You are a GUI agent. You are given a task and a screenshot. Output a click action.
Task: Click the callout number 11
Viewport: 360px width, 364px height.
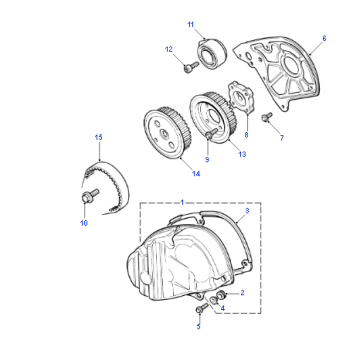click(190, 25)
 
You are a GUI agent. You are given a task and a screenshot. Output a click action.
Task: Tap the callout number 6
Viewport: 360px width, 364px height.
click(324, 38)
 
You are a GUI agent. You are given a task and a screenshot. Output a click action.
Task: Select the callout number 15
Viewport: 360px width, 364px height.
click(98, 137)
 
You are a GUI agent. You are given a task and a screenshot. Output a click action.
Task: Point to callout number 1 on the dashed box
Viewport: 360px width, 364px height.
click(182, 202)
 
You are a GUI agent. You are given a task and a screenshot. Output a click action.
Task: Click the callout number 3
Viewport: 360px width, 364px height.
click(247, 211)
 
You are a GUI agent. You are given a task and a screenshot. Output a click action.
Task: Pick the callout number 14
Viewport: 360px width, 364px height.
click(196, 174)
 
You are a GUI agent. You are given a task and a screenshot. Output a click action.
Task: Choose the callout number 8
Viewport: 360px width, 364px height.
click(246, 135)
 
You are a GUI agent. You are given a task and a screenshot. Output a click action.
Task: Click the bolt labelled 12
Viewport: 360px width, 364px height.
click(191, 67)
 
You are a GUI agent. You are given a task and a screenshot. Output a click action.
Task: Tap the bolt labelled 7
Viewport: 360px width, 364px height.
click(267, 117)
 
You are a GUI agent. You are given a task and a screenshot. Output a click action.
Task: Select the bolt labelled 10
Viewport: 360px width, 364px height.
click(90, 195)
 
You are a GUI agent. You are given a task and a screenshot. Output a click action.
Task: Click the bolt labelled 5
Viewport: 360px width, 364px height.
click(202, 309)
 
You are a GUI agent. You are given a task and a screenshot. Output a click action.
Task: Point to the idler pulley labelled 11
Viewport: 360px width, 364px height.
click(213, 55)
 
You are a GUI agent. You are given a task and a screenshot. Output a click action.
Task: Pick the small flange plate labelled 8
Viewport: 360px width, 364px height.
click(241, 97)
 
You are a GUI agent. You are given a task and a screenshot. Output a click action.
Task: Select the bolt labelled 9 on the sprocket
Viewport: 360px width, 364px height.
click(211, 134)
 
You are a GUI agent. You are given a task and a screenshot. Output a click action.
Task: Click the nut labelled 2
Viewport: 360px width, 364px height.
click(220, 295)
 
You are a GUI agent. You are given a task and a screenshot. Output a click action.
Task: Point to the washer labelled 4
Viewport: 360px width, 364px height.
click(214, 300)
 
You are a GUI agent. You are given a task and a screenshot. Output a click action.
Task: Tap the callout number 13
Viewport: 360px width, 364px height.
click(242, 154)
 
